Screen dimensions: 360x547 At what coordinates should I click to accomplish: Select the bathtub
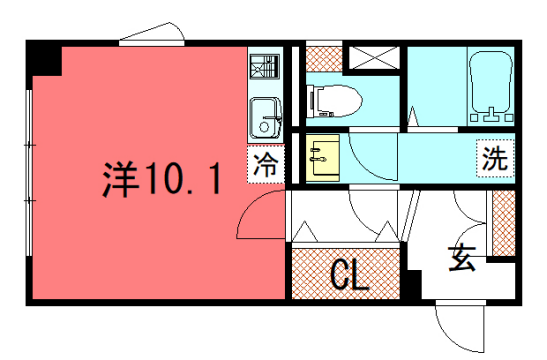click(489, 86)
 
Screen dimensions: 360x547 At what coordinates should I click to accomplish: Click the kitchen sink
click(265, 118)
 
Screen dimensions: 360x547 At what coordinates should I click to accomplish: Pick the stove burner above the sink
click(265, 67)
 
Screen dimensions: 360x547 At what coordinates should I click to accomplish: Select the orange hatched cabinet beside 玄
click(503, 222)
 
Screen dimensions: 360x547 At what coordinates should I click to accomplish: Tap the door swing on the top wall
click(152, 35)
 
